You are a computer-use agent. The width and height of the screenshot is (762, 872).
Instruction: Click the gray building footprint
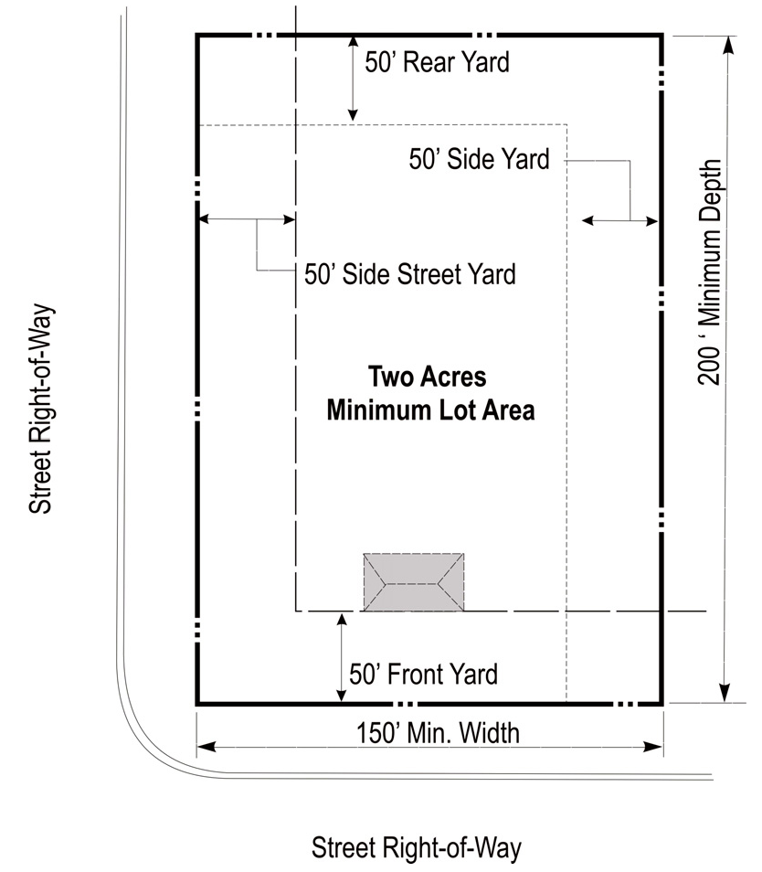pyautogui.click(x=414, y=582)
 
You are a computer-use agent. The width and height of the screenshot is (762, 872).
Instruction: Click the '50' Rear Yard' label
pyautogui.click(x=437, y=62)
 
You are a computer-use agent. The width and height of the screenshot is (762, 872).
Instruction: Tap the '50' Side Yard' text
pyautogui.click(x=479, y=158)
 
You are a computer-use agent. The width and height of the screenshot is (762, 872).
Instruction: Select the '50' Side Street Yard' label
pyautogui.click(x=410, y=274)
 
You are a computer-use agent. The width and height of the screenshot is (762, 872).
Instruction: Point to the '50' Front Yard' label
pyautogui.click(x=423, y=674)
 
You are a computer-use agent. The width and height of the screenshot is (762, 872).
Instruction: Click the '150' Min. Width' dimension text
pyautogui.click(x=438, y=733)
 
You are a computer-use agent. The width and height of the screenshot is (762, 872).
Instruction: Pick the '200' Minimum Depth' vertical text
pyautogui.click(x=710, y=272)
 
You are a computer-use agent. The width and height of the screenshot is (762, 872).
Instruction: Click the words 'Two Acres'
pyautogui.click(x=428, y=377)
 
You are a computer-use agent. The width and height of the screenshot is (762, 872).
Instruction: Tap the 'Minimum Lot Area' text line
pyautogui.click(x=430, y=410)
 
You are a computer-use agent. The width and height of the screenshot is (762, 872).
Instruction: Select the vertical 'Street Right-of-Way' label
pyautogui.click(x=40, y=409)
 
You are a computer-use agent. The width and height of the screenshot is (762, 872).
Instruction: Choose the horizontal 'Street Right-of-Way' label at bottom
pyautogui.click(x=417, y=848)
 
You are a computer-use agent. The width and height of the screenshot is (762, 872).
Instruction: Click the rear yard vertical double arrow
pyautogui.click(x=353, y=79)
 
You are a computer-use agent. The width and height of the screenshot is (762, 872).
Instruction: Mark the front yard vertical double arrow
pyautogui.click(x=342, y=657)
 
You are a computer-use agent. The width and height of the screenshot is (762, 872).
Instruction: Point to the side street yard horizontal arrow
pyautogui.click(x=247, y=219)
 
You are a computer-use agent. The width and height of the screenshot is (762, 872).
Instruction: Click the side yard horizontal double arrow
pyautogui.click(x=619, y=221)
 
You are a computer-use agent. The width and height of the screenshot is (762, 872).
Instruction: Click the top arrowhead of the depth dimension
pyautogui.click(x=729, y=46)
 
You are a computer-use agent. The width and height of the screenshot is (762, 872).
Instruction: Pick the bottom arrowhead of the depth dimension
pyautogui.click(x=725, y=693)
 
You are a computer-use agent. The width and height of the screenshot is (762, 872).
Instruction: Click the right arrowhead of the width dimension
pyautogui.click(x=653, y=746)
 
